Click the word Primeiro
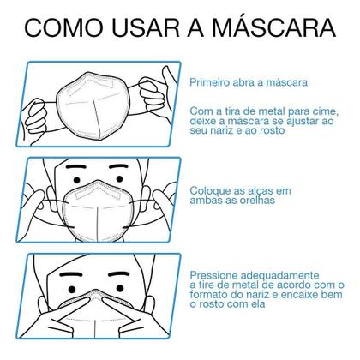pos(213,82)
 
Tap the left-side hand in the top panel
pos(39,116)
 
